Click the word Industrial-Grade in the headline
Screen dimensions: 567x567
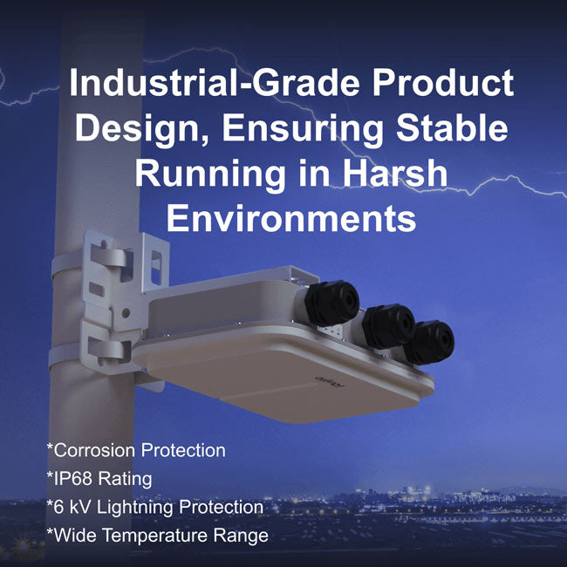pyautogui.click(x=214, y=82)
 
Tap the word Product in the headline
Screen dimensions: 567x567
pyautogui.click(x=443, y=82)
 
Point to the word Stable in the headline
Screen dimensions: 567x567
pyautogui.click(x=452, y=127)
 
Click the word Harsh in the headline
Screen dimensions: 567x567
pyautogui.click(x=395, y=173)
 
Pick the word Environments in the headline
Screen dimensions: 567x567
pyautogui.click(x=291, y=218)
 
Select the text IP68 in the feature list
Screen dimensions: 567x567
pyautogui.click(x=73, y=478)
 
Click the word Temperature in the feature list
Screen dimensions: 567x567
pyautogui.click(x=155, y=536)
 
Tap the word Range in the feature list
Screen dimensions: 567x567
pyautogui.click(x=241, y=536)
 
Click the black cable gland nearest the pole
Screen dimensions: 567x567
pyautogui.click(x=331, y=303)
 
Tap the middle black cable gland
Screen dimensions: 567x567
pyautogui.click(x=389, y=326)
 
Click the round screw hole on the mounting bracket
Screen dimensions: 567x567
pyautogui.click(x=126, y=313)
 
